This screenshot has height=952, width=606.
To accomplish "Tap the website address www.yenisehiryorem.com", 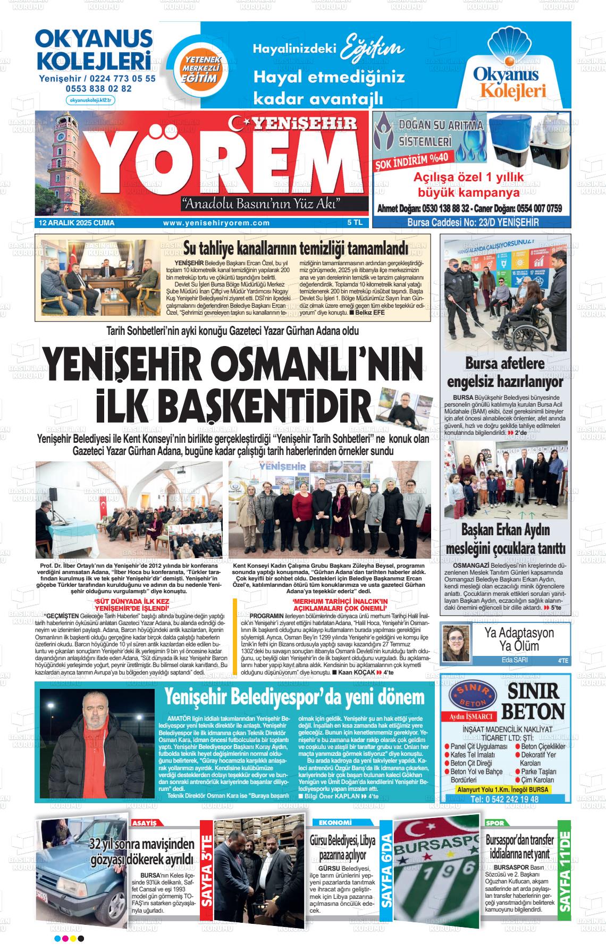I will [216, 223].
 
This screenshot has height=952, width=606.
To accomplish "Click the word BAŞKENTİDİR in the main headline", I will [233, 403].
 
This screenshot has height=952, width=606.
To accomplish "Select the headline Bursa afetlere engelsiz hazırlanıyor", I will [505, 373].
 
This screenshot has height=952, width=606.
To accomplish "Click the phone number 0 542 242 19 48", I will [504, 799].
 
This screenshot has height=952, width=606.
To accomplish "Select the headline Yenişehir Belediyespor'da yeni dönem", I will [294, 697].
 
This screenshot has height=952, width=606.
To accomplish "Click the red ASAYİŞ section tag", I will [147, 822].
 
